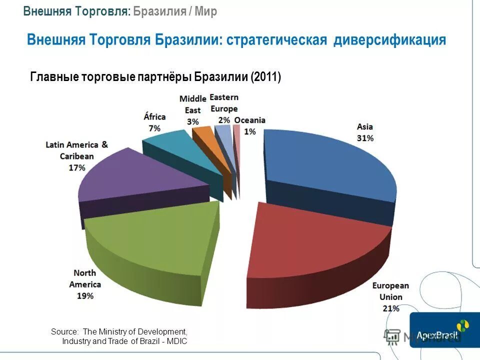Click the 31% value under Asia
pos(364,138)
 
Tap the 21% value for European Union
pos(391,308)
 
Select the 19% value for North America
pos(85,295)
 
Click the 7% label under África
pos(154,128)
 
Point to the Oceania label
pos(250,120)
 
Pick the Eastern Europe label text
pos(224,102)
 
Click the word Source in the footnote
pos(64,331)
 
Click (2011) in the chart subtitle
pos(266,77)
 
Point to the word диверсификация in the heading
pos(390,39)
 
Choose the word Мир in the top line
pos(206,12)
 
